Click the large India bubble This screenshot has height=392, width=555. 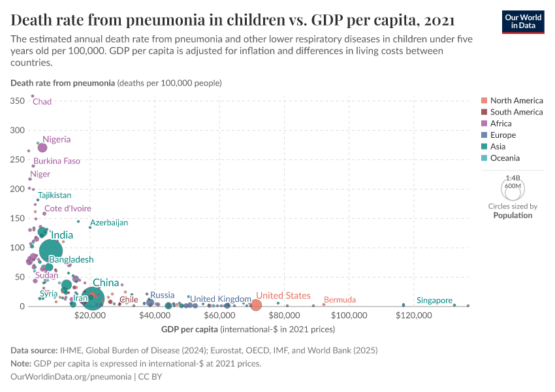tap(51, 250)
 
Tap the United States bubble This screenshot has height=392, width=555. tap(255, 304)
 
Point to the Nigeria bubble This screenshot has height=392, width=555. tap(42, 148)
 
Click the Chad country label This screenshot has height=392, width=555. tap(42, 102)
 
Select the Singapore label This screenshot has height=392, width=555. tap(434, 301)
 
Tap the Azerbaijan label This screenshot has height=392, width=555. tap(109, 223)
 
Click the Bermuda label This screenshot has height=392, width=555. tap(340, 300)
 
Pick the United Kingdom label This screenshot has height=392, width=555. tap(220, 299)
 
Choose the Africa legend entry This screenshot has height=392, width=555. tap(501, 123)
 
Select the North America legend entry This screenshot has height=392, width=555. tap(516, 101)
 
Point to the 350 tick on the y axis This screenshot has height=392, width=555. tap(18, 101)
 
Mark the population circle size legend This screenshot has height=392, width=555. tap(513, 189)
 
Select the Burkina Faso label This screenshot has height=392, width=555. tap(57, 161)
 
